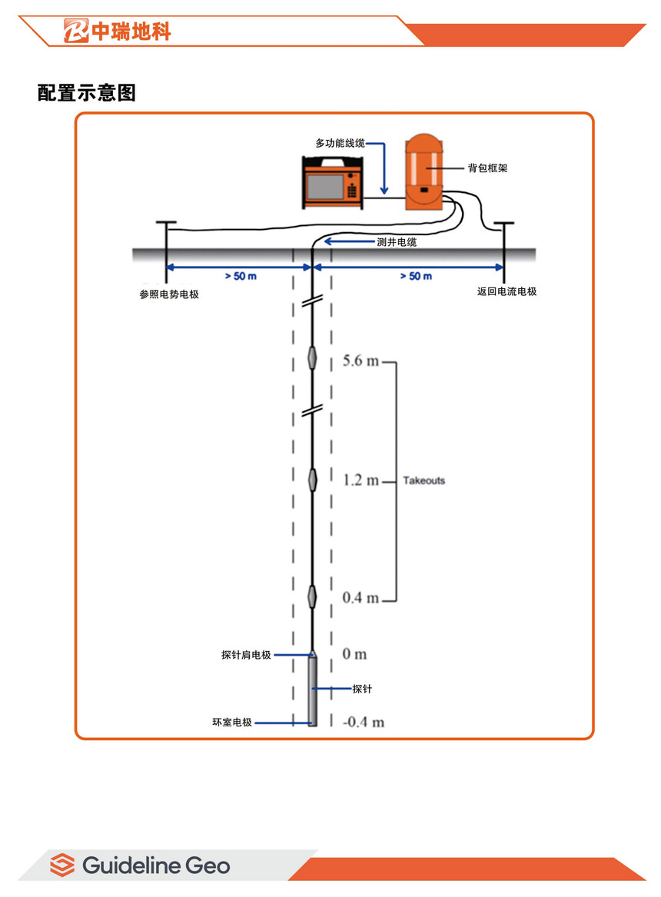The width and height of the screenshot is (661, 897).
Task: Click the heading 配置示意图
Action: pos(87,93)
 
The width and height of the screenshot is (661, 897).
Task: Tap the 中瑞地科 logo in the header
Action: pos(118,31)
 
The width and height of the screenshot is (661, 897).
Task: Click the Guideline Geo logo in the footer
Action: pos(140,865)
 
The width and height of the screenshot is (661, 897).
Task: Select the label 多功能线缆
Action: pos(340,144)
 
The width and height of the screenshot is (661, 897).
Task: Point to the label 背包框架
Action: pos(487,168)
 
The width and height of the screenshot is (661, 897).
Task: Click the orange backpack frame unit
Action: pos(424,171)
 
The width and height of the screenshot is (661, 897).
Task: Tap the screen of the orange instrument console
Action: pos(324,187)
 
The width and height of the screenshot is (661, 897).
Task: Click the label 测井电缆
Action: pos(397,242)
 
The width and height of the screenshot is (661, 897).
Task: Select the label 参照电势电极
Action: pos(169,294)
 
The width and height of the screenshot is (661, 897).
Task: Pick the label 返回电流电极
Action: pos(507,292)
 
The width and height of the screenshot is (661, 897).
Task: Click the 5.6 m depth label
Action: pos(360,361)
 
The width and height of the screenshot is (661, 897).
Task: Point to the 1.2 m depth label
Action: pos(360,481)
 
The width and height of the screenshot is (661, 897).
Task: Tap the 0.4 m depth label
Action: pos(360,599)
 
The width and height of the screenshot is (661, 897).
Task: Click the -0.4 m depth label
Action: pos(364,723)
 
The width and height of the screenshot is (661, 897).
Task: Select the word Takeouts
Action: pos(424,481)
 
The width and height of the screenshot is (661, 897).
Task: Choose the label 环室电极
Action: pos(232,723)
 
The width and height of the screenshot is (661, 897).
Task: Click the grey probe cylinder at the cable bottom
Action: pos(312,690)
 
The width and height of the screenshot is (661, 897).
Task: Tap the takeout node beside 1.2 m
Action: pos(312,480)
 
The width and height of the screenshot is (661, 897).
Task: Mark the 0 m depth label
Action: pos(354,654)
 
